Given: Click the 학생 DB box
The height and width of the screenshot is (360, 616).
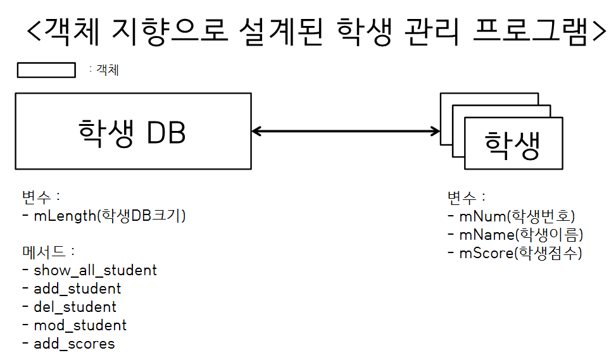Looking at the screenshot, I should [133, 131].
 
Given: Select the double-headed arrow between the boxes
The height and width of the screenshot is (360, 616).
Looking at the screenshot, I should [346, 131].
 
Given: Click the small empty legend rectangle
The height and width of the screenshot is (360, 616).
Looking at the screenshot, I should [46, 70].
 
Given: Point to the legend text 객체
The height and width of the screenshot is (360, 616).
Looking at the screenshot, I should [107, 70].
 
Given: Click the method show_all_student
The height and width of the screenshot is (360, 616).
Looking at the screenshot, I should [95, 270].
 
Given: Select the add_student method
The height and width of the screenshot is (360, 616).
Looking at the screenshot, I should [77, 289].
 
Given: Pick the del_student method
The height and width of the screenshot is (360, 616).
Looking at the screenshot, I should [75, 307].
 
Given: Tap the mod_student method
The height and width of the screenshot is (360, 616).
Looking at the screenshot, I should [80, 325].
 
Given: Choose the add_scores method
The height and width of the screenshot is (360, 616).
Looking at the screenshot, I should [74, 344].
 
